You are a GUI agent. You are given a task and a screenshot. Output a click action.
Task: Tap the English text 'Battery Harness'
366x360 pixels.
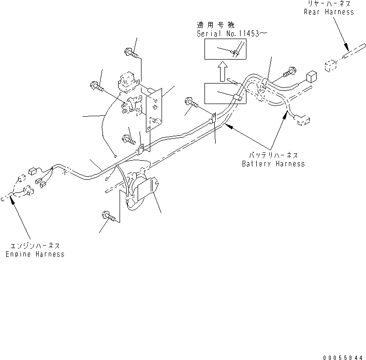coord(273,164)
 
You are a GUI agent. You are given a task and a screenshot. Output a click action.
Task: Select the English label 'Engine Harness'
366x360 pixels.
coord(35,254)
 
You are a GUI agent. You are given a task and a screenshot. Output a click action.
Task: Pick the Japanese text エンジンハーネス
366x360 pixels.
coord(35,246)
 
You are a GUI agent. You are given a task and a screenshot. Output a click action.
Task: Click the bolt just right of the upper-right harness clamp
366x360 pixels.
coord(288,72)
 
